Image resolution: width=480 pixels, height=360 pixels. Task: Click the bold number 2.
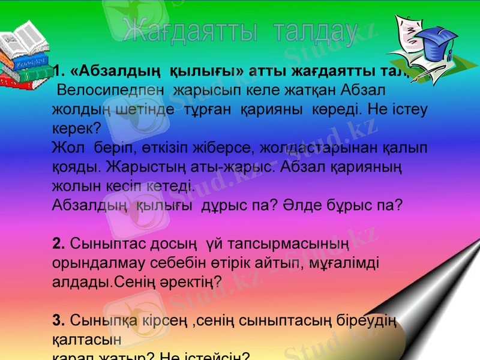[58, 243]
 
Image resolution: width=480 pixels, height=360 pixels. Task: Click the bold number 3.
[58, 318]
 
